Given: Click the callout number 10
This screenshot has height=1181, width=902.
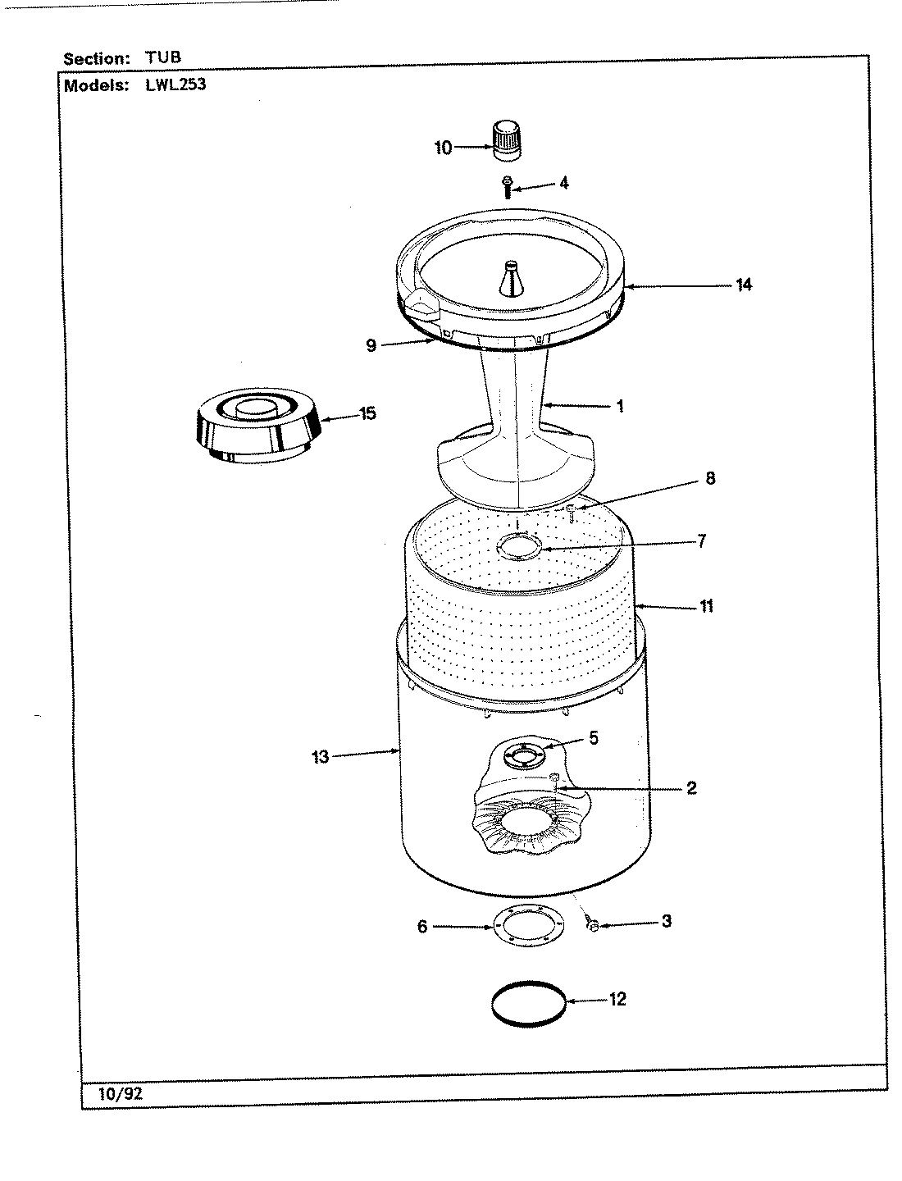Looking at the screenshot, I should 443,148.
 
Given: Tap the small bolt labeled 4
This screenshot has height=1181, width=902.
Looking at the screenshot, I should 507,186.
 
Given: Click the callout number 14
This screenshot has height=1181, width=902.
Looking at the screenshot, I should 743,285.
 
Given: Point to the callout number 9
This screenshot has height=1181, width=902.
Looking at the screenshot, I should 371,345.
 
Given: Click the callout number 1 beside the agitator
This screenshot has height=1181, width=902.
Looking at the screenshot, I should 620,406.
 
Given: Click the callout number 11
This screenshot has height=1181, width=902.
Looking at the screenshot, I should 706,606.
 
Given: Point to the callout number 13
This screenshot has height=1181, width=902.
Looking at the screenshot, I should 320,757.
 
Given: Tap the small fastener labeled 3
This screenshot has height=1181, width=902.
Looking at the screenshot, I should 592,925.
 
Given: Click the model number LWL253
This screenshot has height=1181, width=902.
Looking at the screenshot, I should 175,84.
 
